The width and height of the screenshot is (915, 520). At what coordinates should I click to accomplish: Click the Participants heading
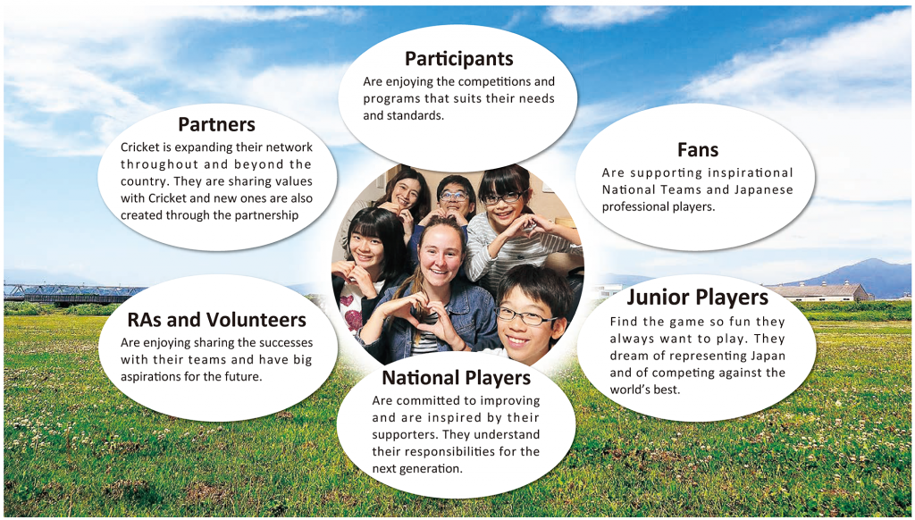(x=458, y=59)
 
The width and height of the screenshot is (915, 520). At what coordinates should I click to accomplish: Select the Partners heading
(x=216, y=124)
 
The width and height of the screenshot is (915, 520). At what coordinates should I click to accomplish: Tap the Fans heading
(x=698, y=150)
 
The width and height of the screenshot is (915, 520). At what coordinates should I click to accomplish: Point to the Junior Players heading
(x=697, y=298)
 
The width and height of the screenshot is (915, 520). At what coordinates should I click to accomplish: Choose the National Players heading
(x=457, y=378)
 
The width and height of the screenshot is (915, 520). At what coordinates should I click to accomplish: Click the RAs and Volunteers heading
(x=216, y=320)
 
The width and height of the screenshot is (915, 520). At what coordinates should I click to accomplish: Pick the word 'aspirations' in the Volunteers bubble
(x=150, y=377)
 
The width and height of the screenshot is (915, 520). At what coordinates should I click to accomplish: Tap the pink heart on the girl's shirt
(x=353, y=319)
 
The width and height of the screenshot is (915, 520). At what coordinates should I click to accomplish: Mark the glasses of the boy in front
(x=524, y=317)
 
